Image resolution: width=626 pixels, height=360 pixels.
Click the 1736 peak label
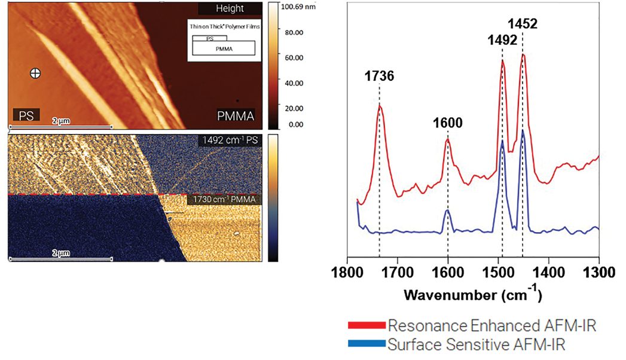coord(379,76)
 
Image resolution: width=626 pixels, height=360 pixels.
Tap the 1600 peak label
coord(447,123)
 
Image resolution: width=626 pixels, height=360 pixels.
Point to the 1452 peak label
coord(523,25)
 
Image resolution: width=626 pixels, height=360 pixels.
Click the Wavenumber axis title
coord(472,295)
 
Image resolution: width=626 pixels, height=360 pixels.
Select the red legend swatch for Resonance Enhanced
coord(365,326)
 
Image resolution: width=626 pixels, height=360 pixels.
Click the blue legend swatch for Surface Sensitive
coord(365,344)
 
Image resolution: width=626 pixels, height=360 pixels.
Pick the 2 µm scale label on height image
coord(60,120)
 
